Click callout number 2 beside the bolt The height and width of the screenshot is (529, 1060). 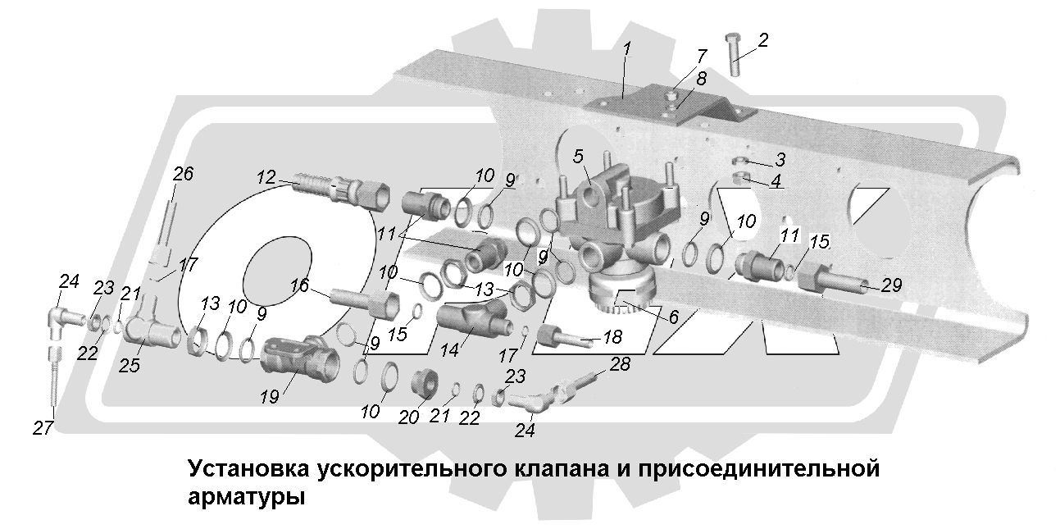(x=762, y=39)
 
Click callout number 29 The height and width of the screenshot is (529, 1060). (x=891, y=285)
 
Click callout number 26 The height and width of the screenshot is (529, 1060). (x=184, y=175)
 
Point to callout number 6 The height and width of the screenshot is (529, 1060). (x=672, y=317)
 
